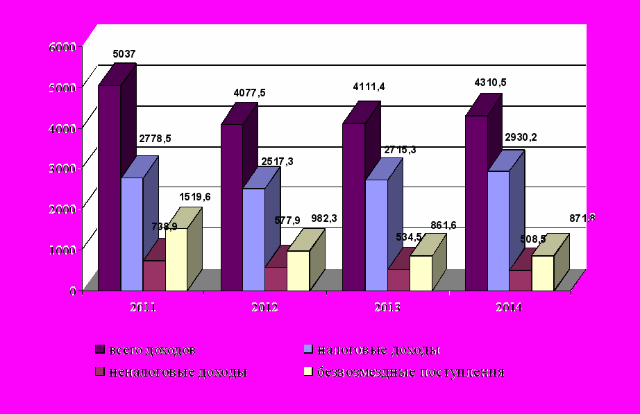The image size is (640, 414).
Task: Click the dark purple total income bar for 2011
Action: coord(109,187)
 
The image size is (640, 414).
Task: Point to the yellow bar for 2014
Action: coord(542,273)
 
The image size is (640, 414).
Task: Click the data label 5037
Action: coord(124,53)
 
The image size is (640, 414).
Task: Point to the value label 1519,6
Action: coord(195,197)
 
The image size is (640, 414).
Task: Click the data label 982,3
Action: coord(323,218)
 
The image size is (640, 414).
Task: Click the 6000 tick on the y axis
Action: coord(61,47)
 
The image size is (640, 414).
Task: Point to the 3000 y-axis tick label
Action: coord(61,169)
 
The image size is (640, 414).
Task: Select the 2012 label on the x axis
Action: coord(264,307)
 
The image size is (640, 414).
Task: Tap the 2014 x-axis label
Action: coord(509,307)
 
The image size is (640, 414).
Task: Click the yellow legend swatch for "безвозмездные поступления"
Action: coord(310,372)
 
